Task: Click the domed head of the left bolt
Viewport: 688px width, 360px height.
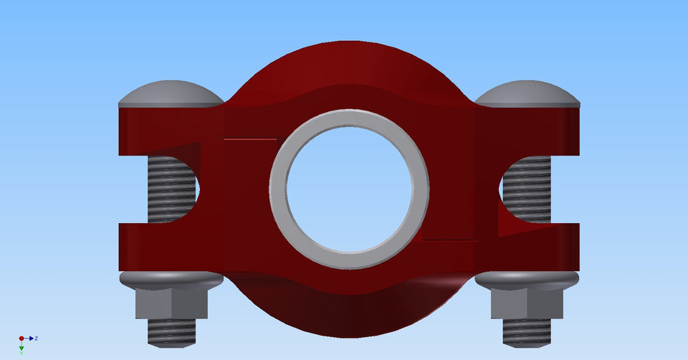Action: [170, 94]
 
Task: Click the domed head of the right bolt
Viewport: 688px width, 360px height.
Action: [527, 93]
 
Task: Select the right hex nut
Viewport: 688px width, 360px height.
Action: [527, 304]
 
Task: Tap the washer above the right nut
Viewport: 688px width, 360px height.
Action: [527, 280]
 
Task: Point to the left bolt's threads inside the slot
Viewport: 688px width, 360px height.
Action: [171, 189]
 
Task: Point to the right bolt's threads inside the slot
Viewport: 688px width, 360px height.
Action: [527, 189]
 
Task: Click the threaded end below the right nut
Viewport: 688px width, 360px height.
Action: [527, 331]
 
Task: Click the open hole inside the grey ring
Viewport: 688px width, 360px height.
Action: [349, 189]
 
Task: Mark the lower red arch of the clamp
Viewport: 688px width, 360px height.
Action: [349, 316]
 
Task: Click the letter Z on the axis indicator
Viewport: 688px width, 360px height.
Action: [36, 338]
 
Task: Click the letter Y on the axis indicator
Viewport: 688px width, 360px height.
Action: [21, 353]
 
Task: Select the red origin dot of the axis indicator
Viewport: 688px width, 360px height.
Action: [21, 338]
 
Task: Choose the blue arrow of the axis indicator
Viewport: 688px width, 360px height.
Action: [30, 338]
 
